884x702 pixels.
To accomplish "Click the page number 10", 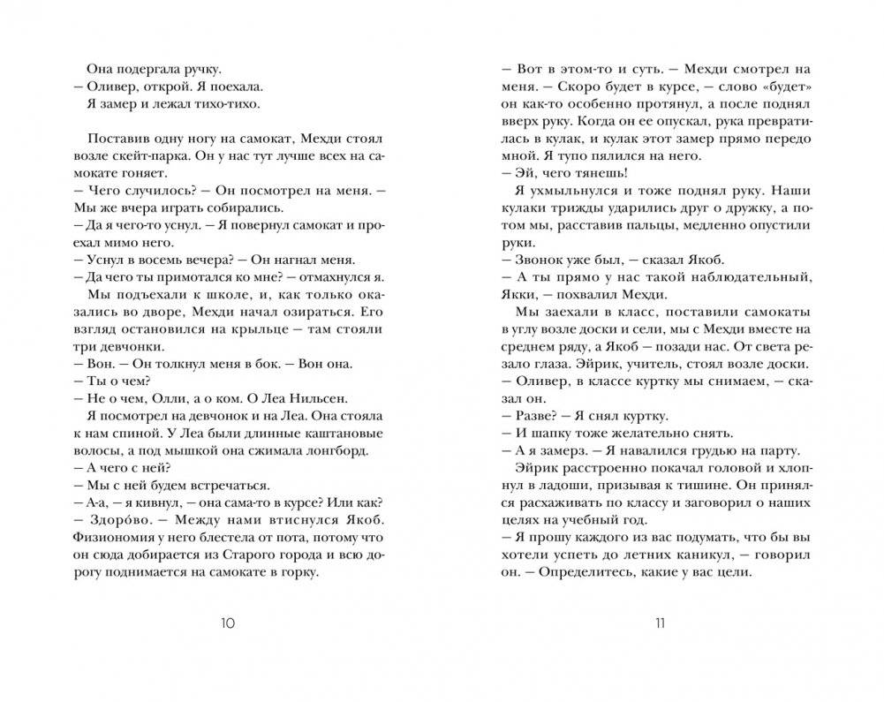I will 226,623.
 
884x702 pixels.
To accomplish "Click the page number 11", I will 659,623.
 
